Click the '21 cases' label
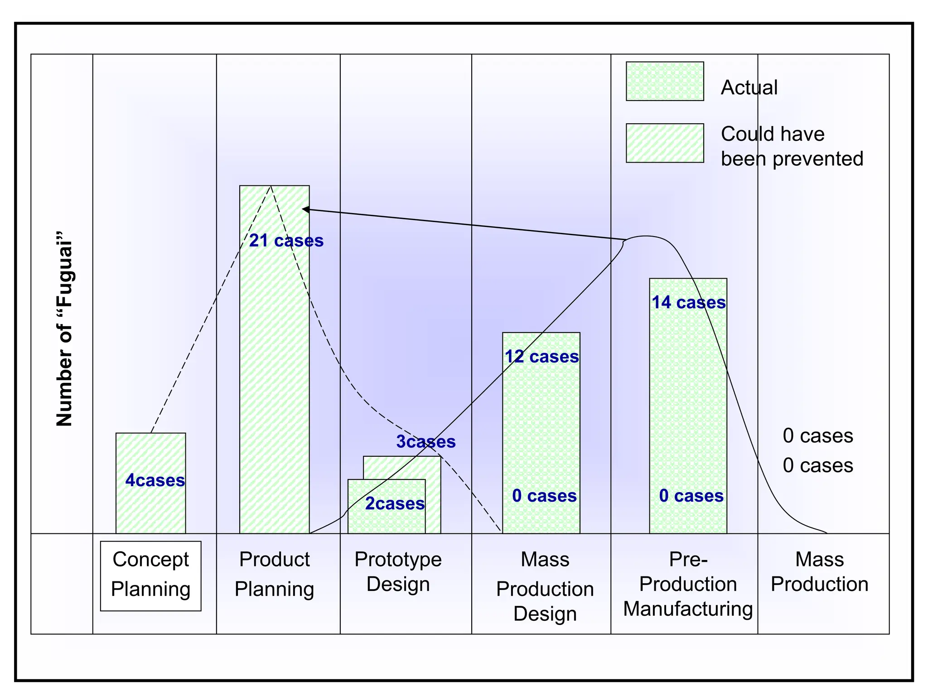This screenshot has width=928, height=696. pos(286,241)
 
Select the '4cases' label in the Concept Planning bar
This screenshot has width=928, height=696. pos(155,480)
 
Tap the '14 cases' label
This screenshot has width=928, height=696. pos(688,302)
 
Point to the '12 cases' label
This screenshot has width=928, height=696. pos(542,357)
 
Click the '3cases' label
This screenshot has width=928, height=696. pos(425,441)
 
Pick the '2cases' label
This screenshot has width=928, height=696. pos(395,503)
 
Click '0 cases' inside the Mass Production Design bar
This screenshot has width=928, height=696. pos(544,496)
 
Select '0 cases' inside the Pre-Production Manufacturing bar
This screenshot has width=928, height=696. pos(691,496)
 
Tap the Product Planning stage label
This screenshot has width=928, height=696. pos(275,574)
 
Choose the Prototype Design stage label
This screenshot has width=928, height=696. pos(398,571)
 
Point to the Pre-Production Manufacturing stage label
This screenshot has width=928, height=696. pos(687,584)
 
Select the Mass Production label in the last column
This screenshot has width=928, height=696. pos(819,571)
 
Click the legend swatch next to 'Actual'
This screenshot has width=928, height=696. pos(665,81)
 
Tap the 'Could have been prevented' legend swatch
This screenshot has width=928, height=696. pos(665,143)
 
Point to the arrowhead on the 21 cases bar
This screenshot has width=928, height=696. pos(304,209)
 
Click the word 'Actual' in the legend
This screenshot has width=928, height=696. pos(749,87)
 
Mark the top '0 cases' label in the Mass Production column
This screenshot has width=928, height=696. pos(817,436)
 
